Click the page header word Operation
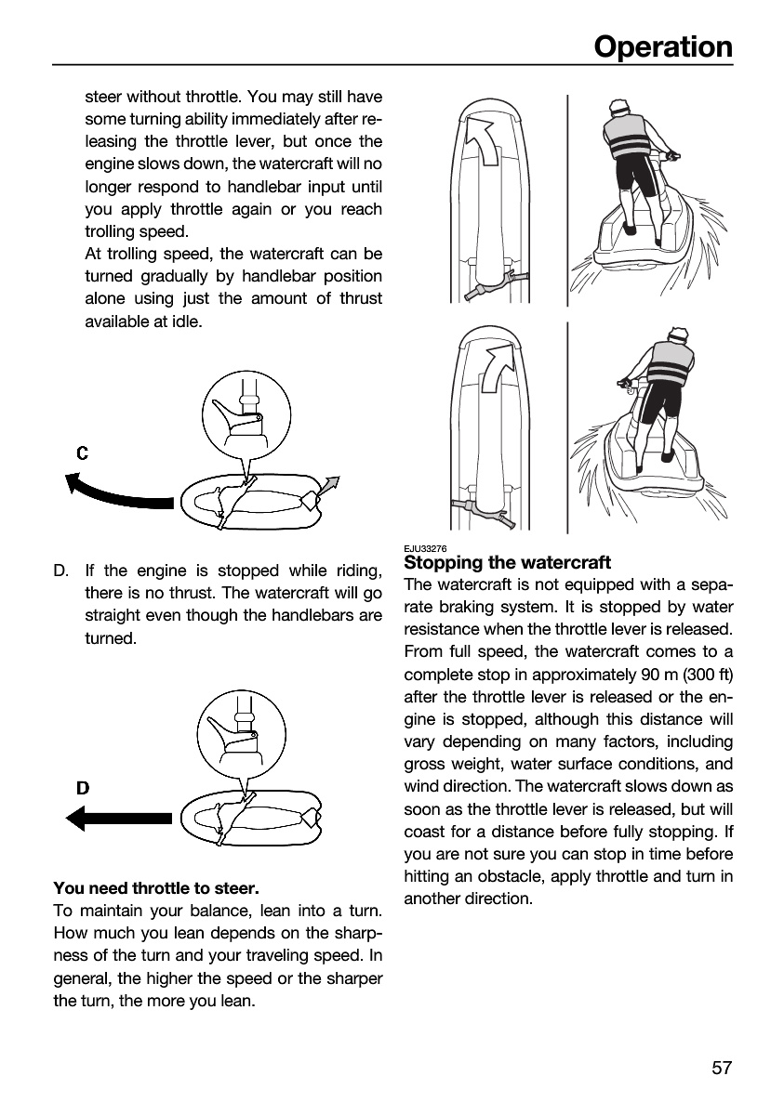tap(663, 47)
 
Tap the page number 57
tap(722, 1068)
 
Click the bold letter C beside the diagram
tap(83, 453)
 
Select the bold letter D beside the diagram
tap(83, 788)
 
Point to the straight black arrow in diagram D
tap(118, 819)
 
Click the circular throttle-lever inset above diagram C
tap(246, 415)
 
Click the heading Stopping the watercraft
tap(507, 562)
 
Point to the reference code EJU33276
tap(425, 548)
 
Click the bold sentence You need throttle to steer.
tap(156, 888)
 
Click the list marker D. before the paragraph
tap(60, 571)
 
